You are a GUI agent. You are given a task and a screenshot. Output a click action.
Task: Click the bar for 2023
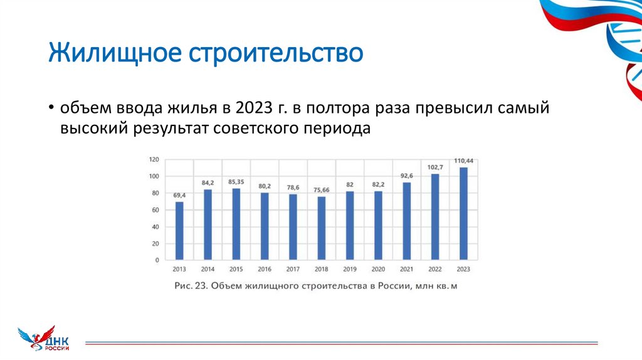pyautogui.click(x=463, y=213)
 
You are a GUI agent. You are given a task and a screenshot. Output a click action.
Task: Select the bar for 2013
pyautogui.click(x=179, y=230)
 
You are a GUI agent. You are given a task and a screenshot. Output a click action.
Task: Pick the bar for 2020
pyautogui.click(x=378, y=225)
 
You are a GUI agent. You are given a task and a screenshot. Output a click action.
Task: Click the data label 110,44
pyautogui.click(x=463, y=161)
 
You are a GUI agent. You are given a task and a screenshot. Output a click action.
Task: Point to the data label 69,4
pyautogui.click(x=179, y=196)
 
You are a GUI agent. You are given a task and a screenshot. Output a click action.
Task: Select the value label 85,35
pyautogui.click(x=236, y=183)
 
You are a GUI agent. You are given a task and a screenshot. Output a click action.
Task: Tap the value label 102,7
pyautogui.click(x=434, y=167)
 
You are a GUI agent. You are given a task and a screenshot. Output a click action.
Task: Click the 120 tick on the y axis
pyautogui.click(x=154, y=159)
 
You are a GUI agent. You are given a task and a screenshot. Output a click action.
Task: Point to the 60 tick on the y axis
pyautogui.click(x=155, y=210)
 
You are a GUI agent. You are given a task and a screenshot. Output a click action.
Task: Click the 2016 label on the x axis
pyautogui.click(x=265, y=269)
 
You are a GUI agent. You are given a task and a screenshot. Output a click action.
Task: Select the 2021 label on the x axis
pyautogui.click(x=406, y=269)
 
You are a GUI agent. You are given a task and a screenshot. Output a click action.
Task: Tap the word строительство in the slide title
pyautogui.click(x=270, y=53)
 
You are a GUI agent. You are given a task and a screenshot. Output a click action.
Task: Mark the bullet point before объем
pyautogui.click(x=51, y=108)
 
